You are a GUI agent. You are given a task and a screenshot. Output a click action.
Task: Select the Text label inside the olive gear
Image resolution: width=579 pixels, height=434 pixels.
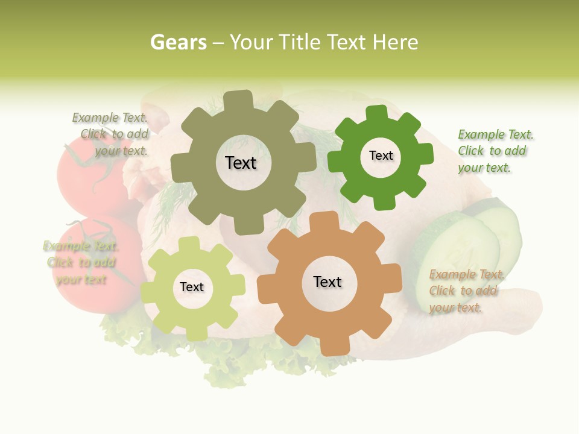(241, 163)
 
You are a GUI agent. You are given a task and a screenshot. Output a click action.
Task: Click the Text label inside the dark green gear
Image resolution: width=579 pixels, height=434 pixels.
(381, 156)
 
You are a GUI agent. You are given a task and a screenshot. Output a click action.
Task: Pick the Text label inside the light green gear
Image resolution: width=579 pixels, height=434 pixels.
(192, 287)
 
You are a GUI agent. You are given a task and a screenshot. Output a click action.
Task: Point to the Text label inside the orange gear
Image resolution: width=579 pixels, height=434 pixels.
(327, 281)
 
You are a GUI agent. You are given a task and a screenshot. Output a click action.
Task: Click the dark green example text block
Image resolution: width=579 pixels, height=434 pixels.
(495, 151)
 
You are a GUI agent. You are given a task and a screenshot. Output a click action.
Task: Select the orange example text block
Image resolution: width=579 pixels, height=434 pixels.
(466, 291)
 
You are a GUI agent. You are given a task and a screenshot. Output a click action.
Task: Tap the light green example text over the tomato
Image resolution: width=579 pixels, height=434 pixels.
(80, 263)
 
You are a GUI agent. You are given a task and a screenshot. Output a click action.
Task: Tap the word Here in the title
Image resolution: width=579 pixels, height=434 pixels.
(395, 42)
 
